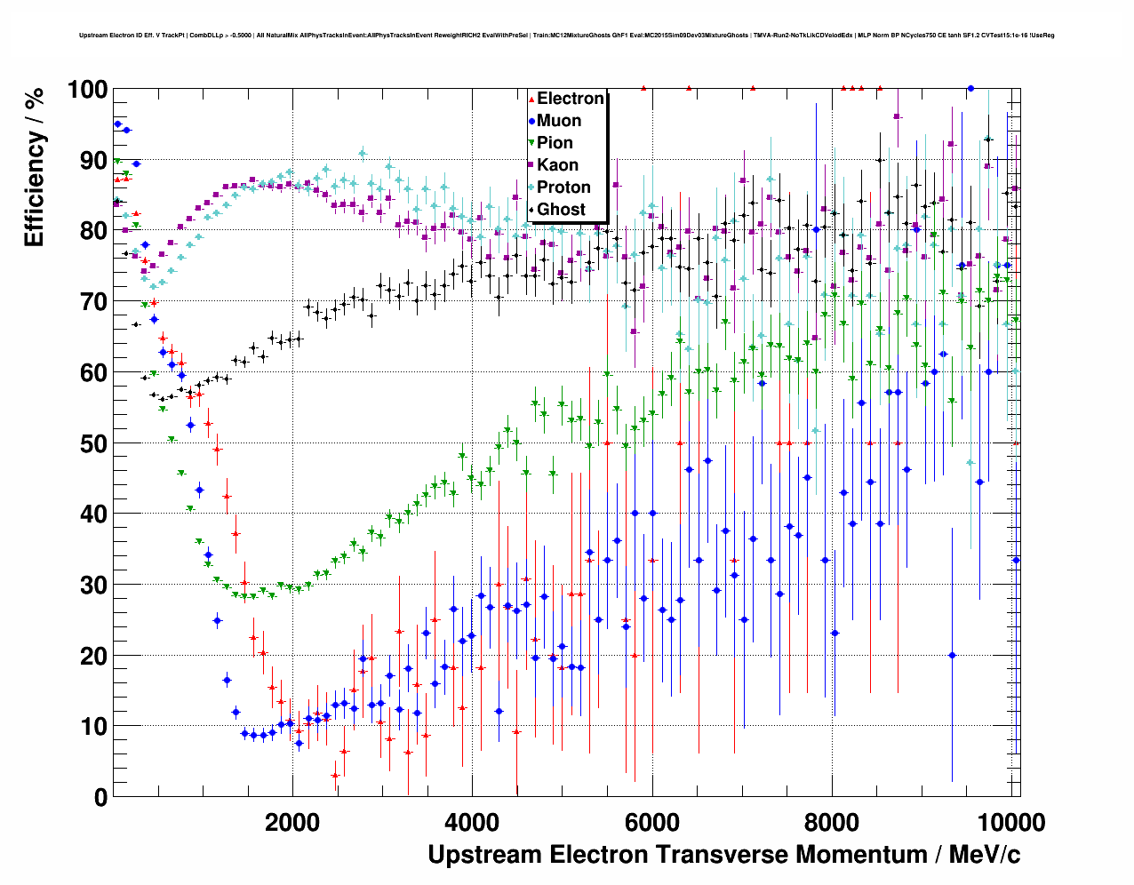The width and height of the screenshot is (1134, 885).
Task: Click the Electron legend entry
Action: click(x=570, y=99)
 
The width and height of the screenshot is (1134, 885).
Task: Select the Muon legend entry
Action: click(x=558, y=121)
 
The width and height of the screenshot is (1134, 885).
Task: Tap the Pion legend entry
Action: click(x=555, y=143)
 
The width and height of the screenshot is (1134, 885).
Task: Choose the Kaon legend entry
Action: click(x=557, y=165)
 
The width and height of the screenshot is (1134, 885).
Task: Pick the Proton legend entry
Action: click(x=563, y=187)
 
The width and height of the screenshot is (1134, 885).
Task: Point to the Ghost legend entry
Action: click(x=561, y=210)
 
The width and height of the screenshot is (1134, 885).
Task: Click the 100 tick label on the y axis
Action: click(x=87, y=90)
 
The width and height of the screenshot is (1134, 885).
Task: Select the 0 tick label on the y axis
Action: click(x=100, y=797)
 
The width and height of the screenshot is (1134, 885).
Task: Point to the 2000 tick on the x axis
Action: click(x=292, y=822)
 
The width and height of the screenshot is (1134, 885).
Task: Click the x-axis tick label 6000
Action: click(x=652, y=822)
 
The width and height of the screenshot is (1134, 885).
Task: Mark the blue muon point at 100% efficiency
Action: click(x=970, y=89)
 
